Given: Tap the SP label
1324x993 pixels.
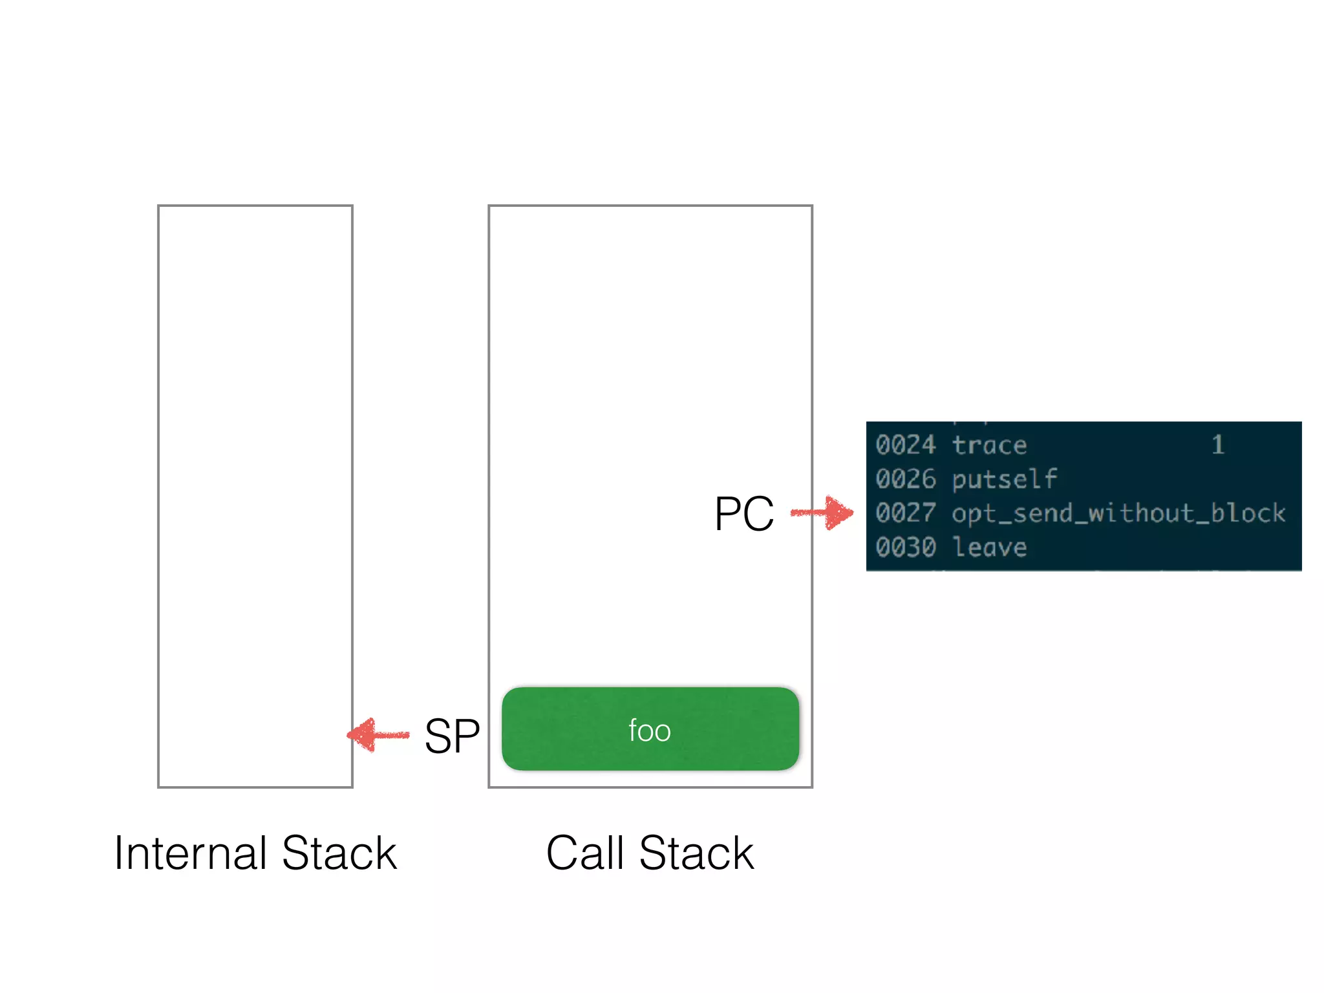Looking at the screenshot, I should pos(452,736).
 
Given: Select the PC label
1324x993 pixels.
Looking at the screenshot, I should pos(744,514).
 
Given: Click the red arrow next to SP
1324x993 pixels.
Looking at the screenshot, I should pos(378,735).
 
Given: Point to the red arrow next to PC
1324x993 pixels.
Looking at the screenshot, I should pos(822,513).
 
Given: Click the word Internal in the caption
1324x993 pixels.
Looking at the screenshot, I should pos(190,853).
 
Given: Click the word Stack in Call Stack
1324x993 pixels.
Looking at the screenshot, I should pos(696,853).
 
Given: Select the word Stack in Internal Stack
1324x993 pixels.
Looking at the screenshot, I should pos(339,853).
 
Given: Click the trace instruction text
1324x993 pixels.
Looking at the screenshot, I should pos(989,445).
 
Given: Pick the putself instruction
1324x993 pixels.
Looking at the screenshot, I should pos(1004,479).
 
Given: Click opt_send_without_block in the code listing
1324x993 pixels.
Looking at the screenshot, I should pos(1118,513).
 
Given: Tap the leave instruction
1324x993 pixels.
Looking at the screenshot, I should pos(989,547).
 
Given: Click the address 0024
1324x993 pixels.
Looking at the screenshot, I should pos(906,445).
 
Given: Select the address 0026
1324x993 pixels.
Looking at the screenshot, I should pos(906,479).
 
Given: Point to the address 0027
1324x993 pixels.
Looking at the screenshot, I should pos(906,513).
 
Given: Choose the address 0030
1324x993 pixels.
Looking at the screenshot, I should pos(906,547).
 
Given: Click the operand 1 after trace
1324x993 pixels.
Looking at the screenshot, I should pos(1217,445).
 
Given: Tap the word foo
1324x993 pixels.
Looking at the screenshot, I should pos(650,731).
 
